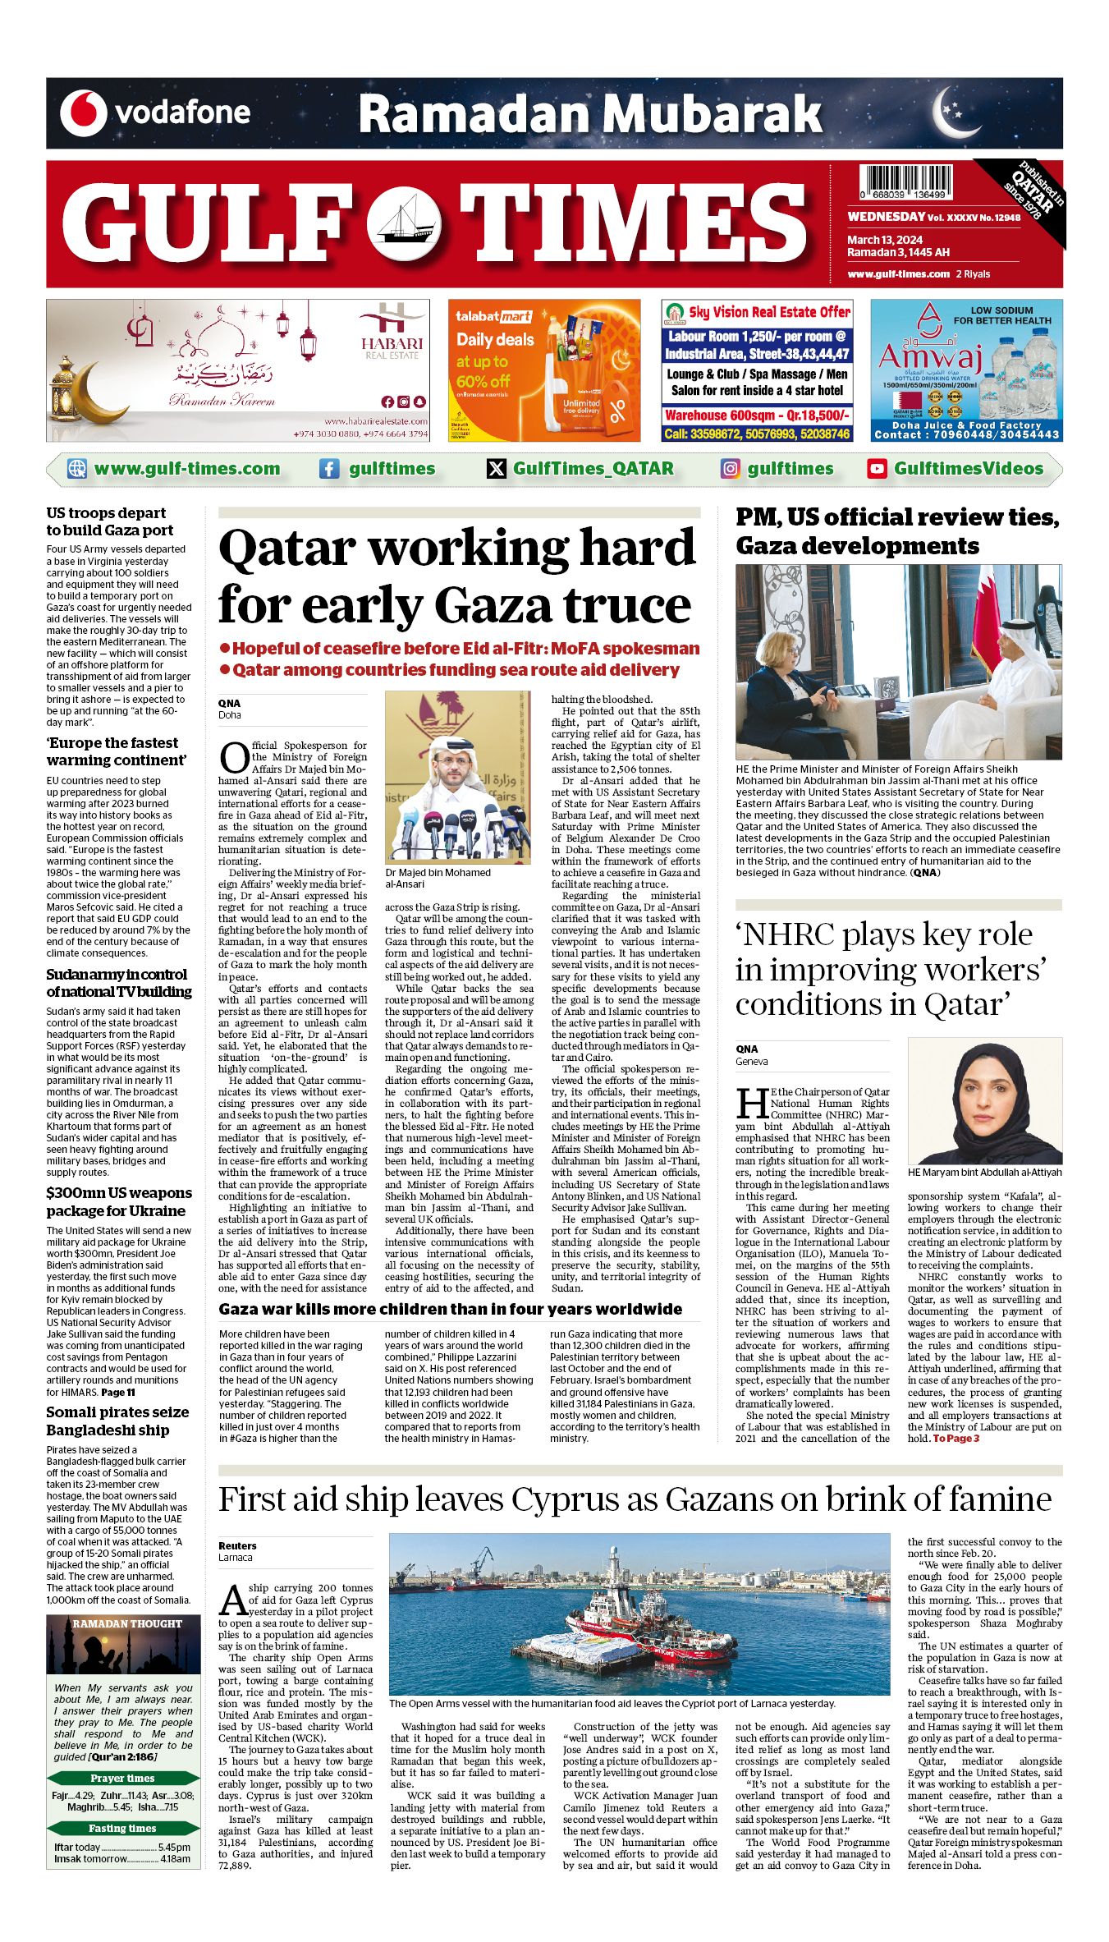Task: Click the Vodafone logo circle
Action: click(x=83, y=113)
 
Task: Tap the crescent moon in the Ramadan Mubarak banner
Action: click(x=954, y=112)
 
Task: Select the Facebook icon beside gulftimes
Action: click(x=329, y=469)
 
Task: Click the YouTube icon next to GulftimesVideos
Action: click(x=877, y=469)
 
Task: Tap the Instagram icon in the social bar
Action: click(x=730, y=469)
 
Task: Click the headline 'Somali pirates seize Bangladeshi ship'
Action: click(x=117, y=1421)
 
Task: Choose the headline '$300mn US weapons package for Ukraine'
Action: click(x=119, y=1202)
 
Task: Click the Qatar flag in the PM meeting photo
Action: click(x=985, y=624)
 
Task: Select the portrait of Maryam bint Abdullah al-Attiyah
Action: click(x=984, y=1100)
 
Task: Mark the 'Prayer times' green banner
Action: click(x=123, y=1779)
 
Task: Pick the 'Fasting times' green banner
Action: click(x=123, y=1829)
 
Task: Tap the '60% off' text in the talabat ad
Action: click(x=483, y=381)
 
